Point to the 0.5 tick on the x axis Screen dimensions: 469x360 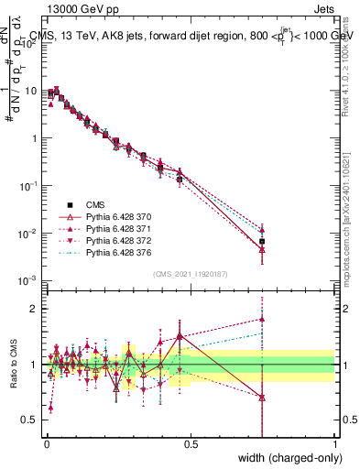(x=191, y=442)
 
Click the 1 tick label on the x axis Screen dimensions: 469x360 (x=335, y=442)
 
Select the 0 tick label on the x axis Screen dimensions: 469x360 (x=47, y=442)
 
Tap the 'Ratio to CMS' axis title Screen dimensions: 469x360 (x=12, y=378)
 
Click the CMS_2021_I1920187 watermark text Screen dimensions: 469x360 (x=191, y=273)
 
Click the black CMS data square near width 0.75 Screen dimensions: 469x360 (x=262, y=241)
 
